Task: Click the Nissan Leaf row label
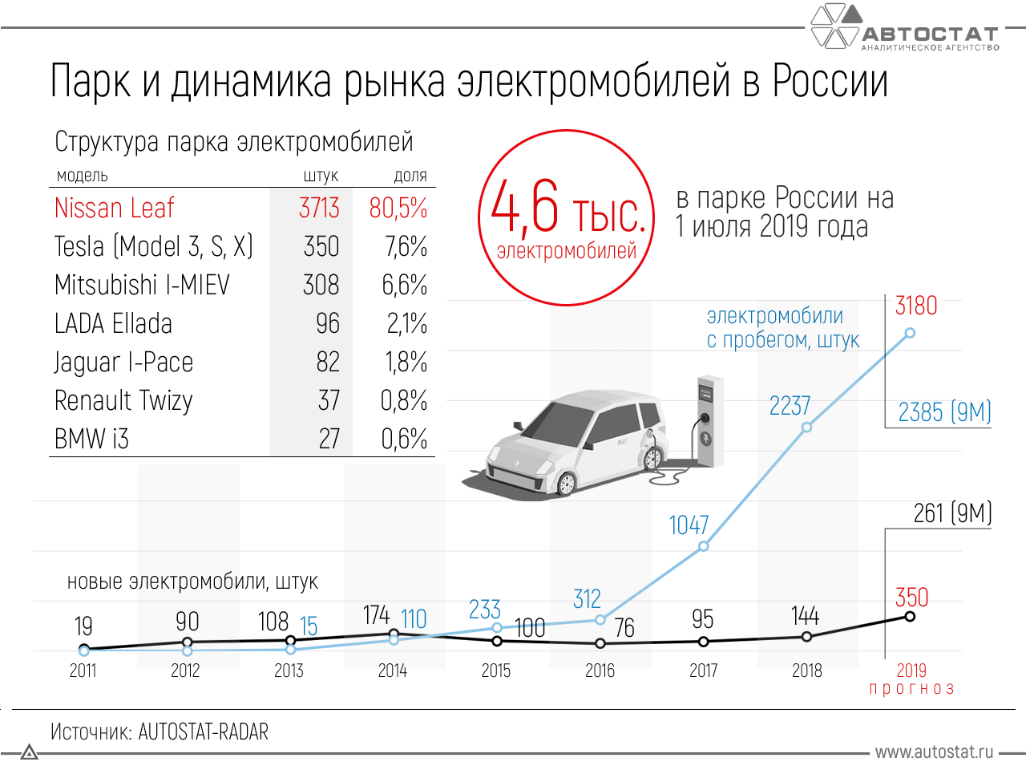click(x=114, y=208)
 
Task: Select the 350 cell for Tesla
click(x=321, y=246)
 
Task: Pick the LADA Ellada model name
click(x=113, y=323)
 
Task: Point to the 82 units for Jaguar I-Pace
click(x=328, y=362)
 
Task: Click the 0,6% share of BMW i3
click(x=405, y=439)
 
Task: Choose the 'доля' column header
click(x=410, y=176)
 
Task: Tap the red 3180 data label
click(x=916, y=306)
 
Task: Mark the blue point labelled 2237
click(x=807, y=427)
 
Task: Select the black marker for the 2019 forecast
click(x=910, y=616)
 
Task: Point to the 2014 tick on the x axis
click(x=393, y=671)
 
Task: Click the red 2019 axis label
click(x=911, y=671)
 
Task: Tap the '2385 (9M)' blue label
click(x=944, y=412)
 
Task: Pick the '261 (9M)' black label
click(x=952, y=513)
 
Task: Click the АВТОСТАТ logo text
click(x=930, y=34)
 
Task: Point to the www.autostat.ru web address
click(x=934, y=752)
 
